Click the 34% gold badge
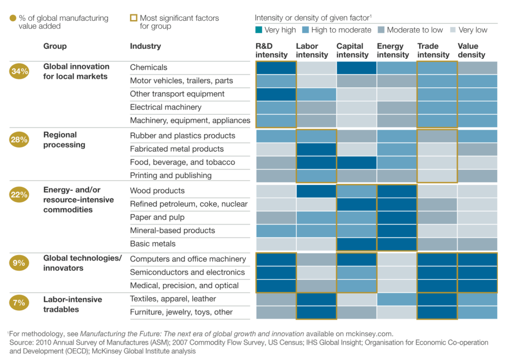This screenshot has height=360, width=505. point(20,71)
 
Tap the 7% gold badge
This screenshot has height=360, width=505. point(20,303)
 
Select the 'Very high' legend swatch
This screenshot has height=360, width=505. point(259,30)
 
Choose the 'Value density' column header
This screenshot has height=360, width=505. point(471,50)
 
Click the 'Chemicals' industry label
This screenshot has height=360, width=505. point(148,68)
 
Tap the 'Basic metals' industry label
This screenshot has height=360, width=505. point(153,244)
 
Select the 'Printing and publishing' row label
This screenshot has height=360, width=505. point(171,176)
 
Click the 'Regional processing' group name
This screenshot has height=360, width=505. point(64,140)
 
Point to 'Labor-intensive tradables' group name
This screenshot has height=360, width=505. point(72,304)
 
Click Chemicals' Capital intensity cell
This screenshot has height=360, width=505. point(357,68)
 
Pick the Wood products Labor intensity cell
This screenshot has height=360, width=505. point(316,191)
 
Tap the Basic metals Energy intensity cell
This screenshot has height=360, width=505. point(397,244)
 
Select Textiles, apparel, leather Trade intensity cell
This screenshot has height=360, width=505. point(437,299)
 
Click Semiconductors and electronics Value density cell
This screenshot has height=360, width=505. point(477,272)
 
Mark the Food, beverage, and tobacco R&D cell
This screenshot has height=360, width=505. point(276,162)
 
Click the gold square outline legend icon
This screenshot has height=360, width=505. point(134,18)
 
